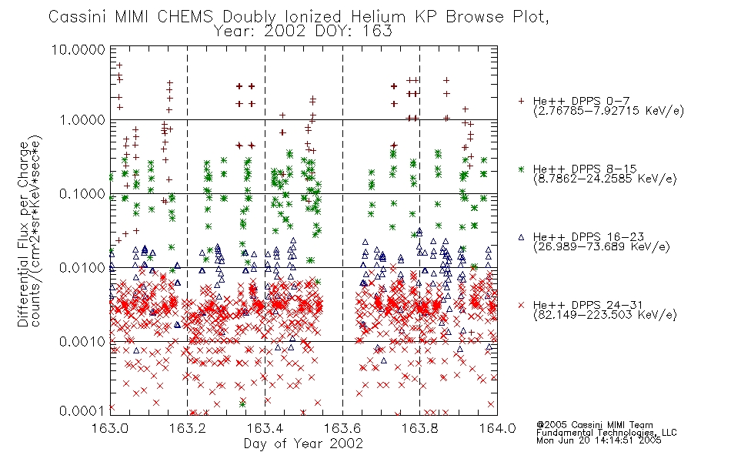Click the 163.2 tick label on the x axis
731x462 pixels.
pyautogui.click(x=188, y=428)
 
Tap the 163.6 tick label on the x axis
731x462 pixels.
pyautogui.click(x=342, y=428)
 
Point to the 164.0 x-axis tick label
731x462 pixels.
pyautogui.click(x=497, y=428)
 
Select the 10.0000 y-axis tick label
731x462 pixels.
pyautogui.click(x=78, y=49)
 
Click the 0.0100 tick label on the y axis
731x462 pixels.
pyautogui.click(x=82, y=268)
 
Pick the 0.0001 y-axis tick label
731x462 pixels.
pyautogui.click(x=82, y=410)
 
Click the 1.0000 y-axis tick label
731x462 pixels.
pyautogui.click(x=82, y=120)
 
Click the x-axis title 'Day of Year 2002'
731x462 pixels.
pyautogui.click(x=303, y=444)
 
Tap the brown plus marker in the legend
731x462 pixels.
pyautogui.click(x=521, y=101)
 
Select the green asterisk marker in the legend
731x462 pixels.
pyautogui.click(x=521, y=169)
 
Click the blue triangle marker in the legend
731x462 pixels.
pyautogui.click(x=521, y=237)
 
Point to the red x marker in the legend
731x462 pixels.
pyautogui.click(x=521, y=305)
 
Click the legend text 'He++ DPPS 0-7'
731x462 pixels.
pyautogui.click(x=582, y=101)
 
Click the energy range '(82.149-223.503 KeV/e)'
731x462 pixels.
pyautogui.click(x=605, y=315)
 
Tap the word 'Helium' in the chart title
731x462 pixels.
pyautogui.click(x=379, y=17)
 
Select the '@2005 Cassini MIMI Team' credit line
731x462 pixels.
pyautogui.click(x=595, y=425)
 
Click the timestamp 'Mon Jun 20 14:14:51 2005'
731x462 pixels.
pyautogui.click(x=599, y=440)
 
